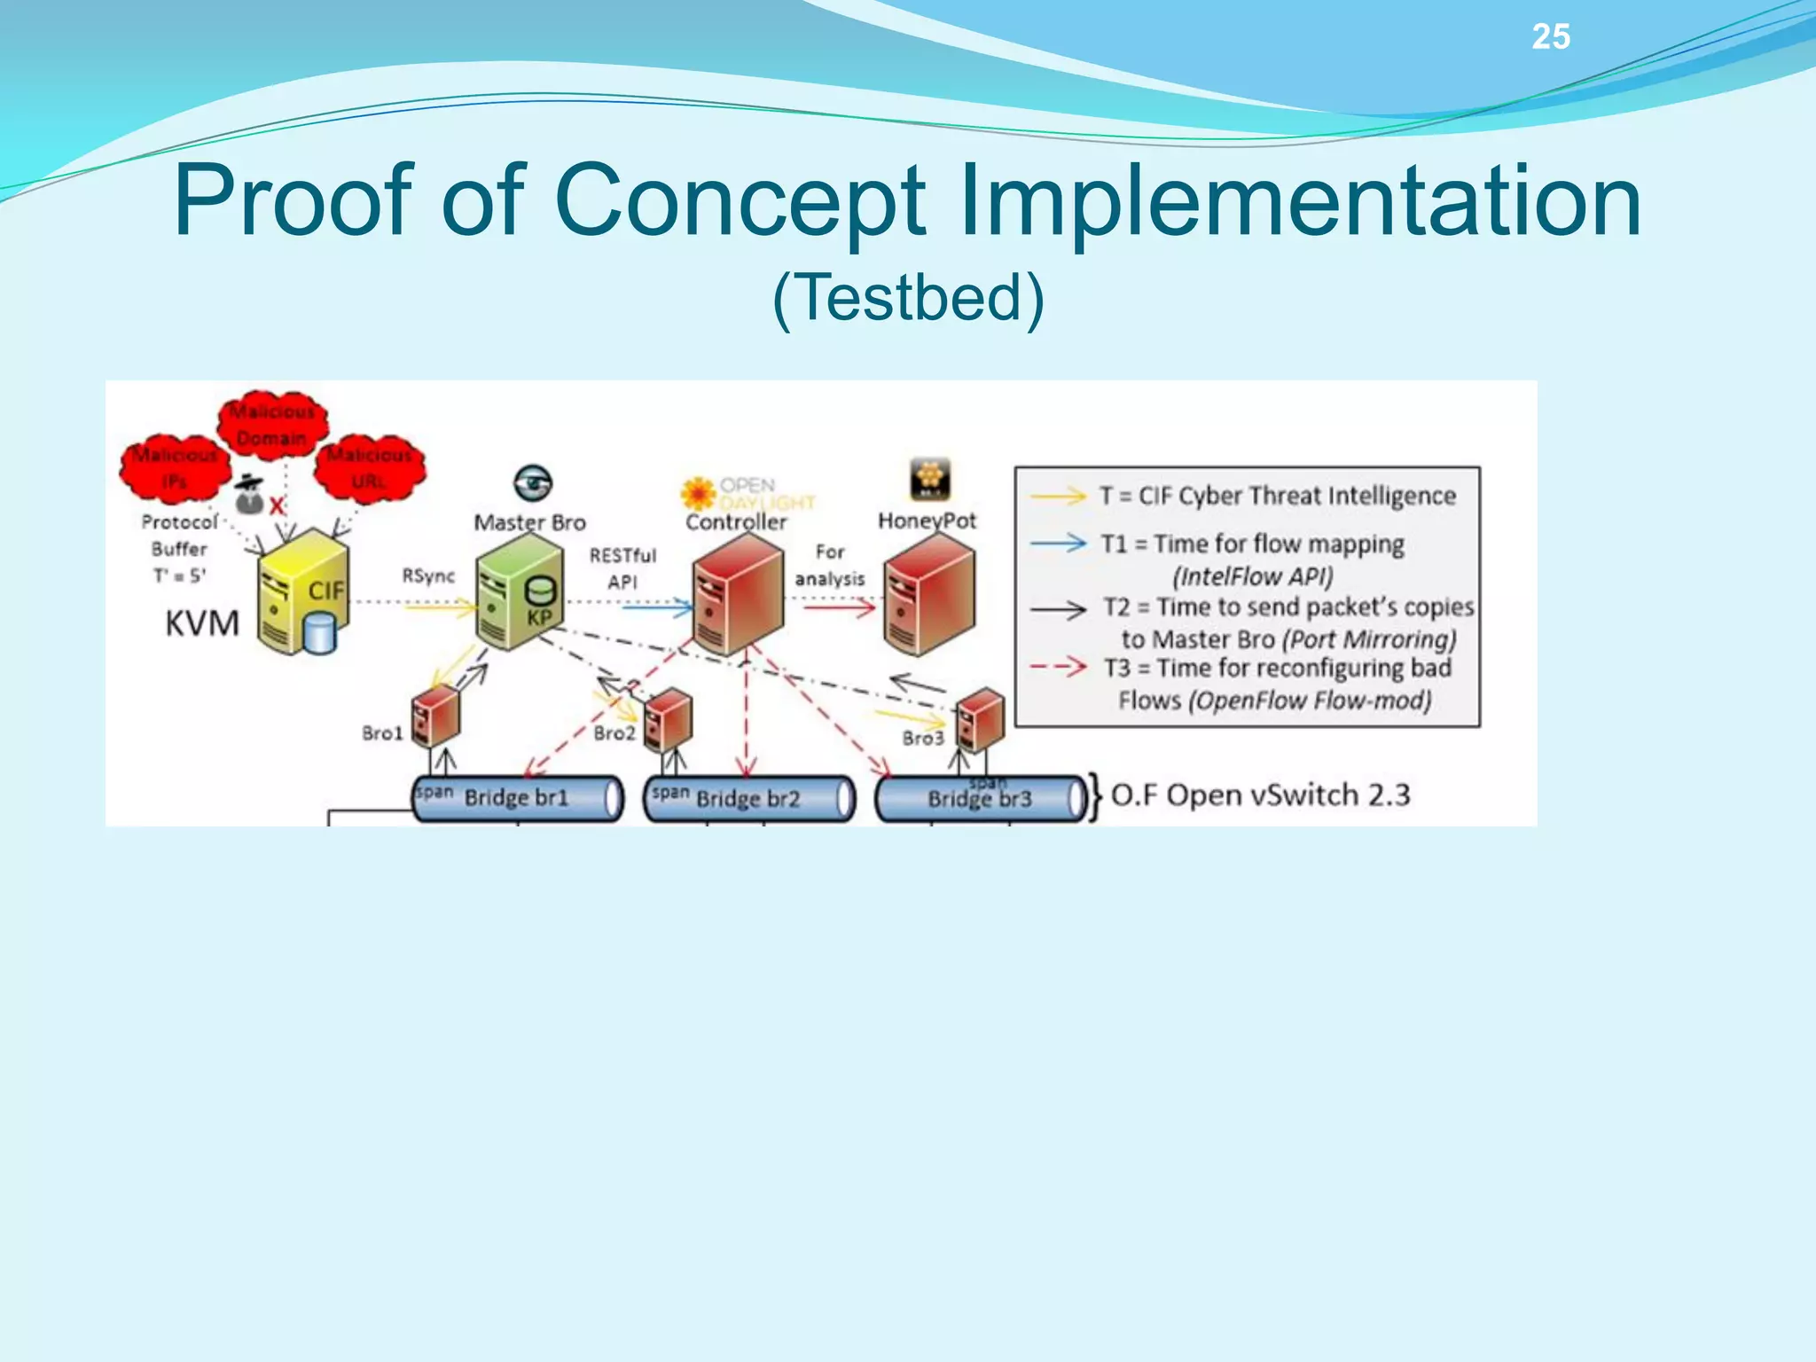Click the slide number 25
click(x=1551, y=37)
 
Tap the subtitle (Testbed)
click(x=908, y=298)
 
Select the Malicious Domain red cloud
click(x=273, y=424)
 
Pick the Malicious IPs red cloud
click(x=176, y=467)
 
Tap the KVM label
click(x=202, y=623)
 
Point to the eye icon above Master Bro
click(x=532, y=483)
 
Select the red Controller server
click(x=738, y=593)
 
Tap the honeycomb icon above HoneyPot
click(x=929, y=479)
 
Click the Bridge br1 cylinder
click(x=518, y=798)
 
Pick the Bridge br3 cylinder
click(x=980, y=799)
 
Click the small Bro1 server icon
click(x=434, y=716)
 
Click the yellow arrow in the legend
click(x=1058, y=496)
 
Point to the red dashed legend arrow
click(x=1058, y=666)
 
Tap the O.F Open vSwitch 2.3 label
click(x=1260, y=795)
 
